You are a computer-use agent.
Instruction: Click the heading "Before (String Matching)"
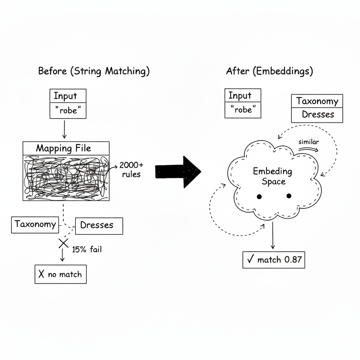pos(94,71)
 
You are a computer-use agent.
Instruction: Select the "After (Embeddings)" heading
pos(269,71)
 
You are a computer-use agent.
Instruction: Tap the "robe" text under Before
pos(68,111)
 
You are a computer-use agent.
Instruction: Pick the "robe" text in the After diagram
pos(243,110)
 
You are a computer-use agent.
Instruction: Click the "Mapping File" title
pos(64,148)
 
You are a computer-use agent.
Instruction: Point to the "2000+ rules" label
pos(131,169)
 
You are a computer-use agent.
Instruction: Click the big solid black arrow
pos(178,172)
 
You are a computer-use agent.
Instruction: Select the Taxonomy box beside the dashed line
pos(35,225)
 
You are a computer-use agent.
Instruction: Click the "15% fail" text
pos(86,250)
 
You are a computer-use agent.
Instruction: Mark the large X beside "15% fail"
pos(63,243)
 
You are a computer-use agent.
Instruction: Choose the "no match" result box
pos(60,274)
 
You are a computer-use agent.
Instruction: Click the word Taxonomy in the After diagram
pos(317,101)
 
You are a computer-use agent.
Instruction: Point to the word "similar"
pos(308,142)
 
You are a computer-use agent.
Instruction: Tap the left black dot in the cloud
pos(259,197)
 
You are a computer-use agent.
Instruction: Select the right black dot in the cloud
pos(289,196)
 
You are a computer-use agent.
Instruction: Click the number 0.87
pos(293,260)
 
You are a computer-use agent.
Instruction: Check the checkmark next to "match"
pos(250,260)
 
